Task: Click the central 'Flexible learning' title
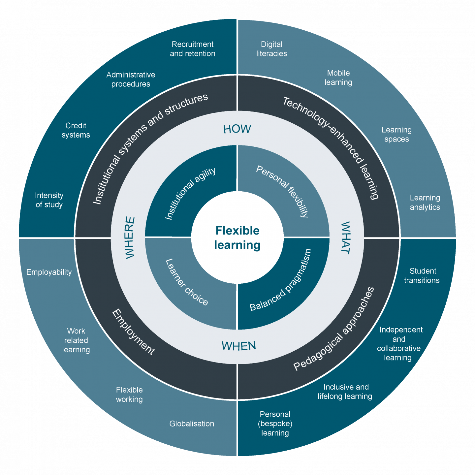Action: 237,238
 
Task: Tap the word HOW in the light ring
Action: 237,129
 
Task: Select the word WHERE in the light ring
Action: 130,237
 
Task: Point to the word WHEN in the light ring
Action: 239,346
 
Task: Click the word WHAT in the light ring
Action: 345,238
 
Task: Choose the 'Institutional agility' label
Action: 190,194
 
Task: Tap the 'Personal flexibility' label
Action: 283,192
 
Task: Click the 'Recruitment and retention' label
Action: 193,49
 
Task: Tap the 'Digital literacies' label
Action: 272,49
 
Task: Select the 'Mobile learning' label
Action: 338,78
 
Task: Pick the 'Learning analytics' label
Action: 425,203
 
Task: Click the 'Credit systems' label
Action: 76,130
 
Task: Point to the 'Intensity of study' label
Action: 49,200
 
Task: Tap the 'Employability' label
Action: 49,272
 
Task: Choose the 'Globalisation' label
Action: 192,424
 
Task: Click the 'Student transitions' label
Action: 422,276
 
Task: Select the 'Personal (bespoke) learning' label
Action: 275,424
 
